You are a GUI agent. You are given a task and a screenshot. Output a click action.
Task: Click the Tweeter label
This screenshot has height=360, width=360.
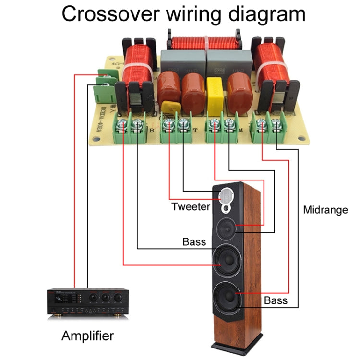(191, 207)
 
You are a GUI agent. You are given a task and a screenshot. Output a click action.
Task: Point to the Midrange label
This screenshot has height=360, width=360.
(325, 210)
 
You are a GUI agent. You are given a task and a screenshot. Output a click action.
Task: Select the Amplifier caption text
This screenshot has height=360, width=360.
(87, 336)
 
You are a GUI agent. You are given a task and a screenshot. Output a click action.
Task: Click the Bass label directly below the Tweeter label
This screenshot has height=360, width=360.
(194, 241)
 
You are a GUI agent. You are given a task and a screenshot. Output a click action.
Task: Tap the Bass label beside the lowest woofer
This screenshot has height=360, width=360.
(276, 300)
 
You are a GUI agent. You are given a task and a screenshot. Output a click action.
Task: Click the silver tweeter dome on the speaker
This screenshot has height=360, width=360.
(227, 196)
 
